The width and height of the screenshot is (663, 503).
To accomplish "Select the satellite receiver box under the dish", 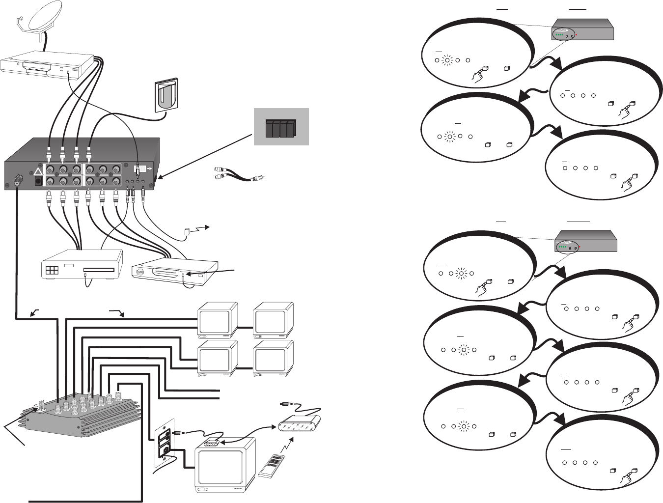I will click(x=47, y=66).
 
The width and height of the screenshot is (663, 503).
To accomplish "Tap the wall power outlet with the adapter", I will click(x=166, y=95).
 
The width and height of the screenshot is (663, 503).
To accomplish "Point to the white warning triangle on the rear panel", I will click(x=38, y=172).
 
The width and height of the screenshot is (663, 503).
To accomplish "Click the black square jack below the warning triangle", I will click(x=38, y=181).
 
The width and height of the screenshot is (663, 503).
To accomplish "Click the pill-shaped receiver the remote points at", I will click(x=300, y=423).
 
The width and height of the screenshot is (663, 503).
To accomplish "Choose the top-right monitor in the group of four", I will click(x=273, y=320).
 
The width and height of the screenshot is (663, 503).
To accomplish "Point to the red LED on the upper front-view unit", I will click(x=578, y=35).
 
